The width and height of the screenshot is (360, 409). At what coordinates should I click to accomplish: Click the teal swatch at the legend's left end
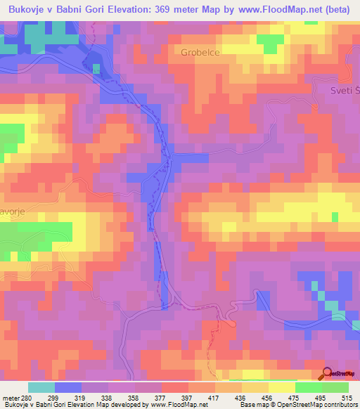tap(41, 387)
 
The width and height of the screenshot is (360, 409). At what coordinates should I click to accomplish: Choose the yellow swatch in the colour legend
tap(281, 387)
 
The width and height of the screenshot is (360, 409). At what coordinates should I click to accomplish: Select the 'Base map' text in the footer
tap(254, 405)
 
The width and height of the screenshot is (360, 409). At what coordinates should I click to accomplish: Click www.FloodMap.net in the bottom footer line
tap(172, 405)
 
